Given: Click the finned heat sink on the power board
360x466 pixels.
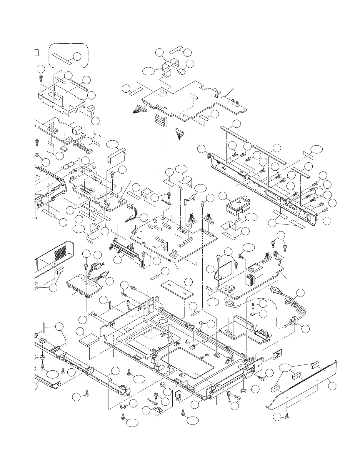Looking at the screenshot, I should click(x=250, y=280).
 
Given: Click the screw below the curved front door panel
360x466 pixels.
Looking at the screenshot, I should click(x=286, y=416).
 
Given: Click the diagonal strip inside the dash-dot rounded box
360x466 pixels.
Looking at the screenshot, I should click(x=62, y=59).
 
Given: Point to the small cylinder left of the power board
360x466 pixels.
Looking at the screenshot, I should click(x=210, y=289).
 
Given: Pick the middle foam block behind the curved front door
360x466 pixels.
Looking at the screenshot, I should click(x=296, y=377).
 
